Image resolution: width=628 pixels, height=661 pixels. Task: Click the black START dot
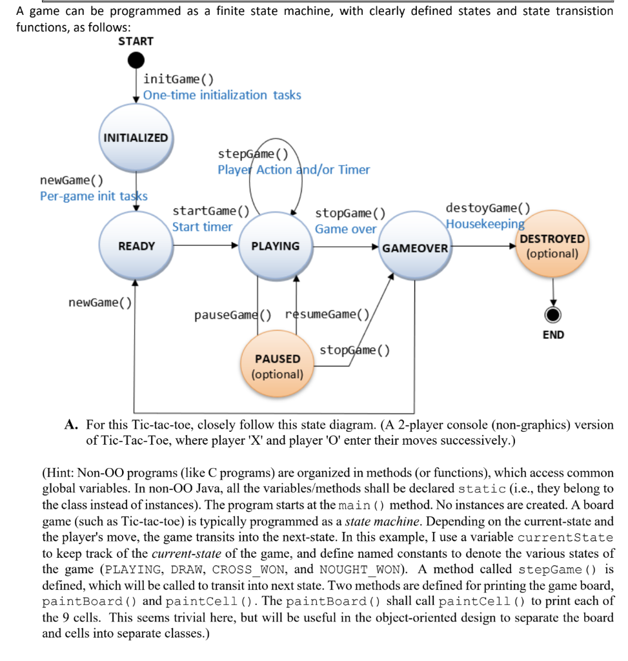136,60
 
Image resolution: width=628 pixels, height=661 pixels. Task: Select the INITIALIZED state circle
136,137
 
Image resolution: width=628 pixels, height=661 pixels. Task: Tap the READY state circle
136,246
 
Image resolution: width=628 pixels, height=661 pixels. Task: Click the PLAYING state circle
275,246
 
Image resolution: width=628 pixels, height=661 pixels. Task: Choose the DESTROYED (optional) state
552,246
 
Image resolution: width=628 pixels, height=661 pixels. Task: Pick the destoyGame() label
487,208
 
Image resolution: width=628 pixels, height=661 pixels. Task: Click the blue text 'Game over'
345,229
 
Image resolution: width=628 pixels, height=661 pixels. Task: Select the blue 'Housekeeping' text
485,224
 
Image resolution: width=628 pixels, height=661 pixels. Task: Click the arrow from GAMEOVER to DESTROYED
484,246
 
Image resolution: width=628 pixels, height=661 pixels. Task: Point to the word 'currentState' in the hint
572,538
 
